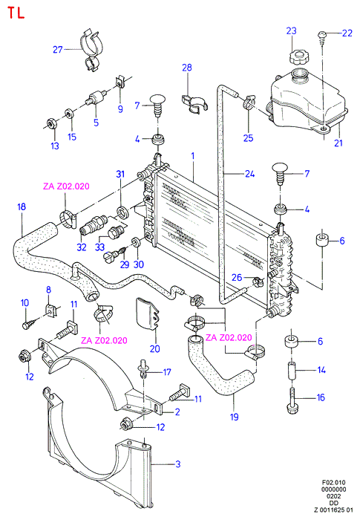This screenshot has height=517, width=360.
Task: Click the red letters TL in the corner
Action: pos(16,13)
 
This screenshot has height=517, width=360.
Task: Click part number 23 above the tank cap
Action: pos(291,30)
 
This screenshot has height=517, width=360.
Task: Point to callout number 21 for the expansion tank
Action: pos(338,143)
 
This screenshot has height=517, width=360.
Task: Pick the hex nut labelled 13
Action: pos(51,123)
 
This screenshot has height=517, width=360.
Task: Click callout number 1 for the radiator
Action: pos(193,156)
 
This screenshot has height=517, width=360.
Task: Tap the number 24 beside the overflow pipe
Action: pos(249,173)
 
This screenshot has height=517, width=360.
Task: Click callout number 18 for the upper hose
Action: pos(22,207)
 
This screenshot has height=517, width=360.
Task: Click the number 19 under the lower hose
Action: pos(234,417)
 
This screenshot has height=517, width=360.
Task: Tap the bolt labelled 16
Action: pos(292,400)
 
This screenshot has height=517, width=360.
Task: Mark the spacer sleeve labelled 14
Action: pos(292,370)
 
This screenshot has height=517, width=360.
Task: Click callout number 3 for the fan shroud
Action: pos(177,464)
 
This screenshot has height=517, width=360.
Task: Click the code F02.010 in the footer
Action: pos(333,483)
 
